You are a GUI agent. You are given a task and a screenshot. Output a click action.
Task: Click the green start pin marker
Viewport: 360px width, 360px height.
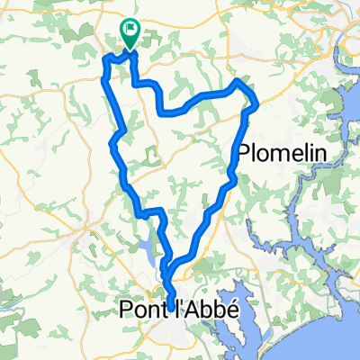130,35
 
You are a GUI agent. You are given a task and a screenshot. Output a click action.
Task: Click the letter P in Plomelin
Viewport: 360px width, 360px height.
244,152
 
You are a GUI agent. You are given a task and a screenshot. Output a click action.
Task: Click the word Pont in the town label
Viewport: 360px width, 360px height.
140,310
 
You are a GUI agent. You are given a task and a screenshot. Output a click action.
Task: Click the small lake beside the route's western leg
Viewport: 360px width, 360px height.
147,247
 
